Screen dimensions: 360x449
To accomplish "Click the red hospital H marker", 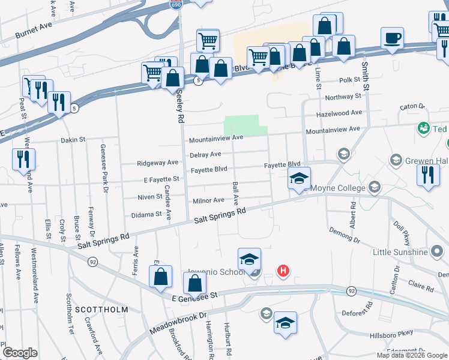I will (x=283, y=271).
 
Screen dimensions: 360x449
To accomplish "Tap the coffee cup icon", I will (x=392, y=38).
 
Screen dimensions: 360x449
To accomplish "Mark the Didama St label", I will (x=147, y=214).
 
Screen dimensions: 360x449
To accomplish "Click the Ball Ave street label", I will (x=236, y=192).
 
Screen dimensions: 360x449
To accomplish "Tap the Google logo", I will (x=20, y=353).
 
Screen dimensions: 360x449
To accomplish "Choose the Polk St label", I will (x=349, y=80).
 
